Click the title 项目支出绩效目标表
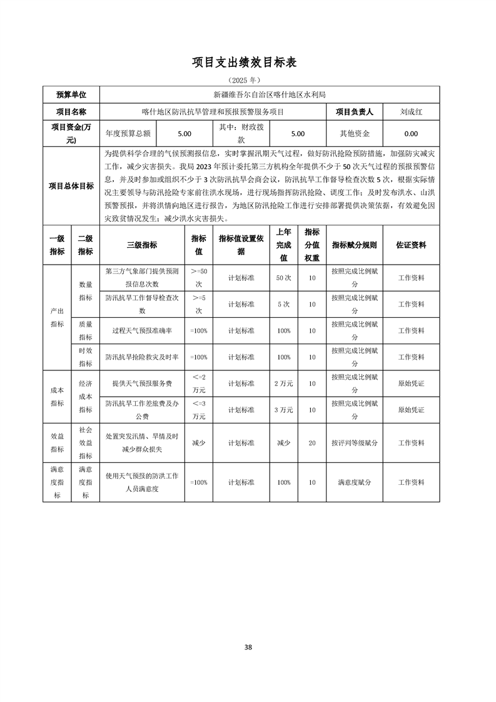pyautogui.click(x=244, y=63)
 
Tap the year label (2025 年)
pyautogui.click(x=244, y=81)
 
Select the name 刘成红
pyautogui.click(x=411, y=112)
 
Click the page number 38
pyautogui.click(x=248, y=646)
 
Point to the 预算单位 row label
pyautogui.click(x=71, y=94)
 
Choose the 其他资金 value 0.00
pyautogui.click(x=411, y=133)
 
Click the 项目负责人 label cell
pyautogui.click(x=355, y=112)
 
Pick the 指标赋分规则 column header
pyautogui.click(x=355, y=245)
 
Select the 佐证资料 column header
pyautogui.click(x=411, y=245)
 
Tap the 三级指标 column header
pyautogui.click(x=142, y=245)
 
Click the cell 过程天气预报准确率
pyautogui.click(x=142, y=330)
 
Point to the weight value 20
pyautogui.click(x=311, y=442)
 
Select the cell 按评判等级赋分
pyautogui.click(x=355, y=442)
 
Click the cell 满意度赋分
pyautogui.click(x=355, y=482)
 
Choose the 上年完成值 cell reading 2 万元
pyautogui.click(x=283, y=384)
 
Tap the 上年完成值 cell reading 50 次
pyautogui.click(x=283, y=277)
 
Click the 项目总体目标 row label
pyautogui.click(x=71, y=186)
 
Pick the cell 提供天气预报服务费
pyautogui.click(x=142, y=384)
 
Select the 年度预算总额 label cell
pyautogui.click(x=128, y=133)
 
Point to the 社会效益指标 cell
pyautogui.click(x=86, y=442)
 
